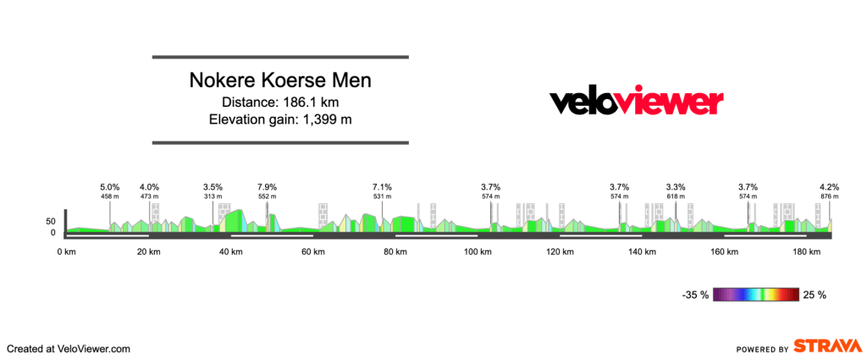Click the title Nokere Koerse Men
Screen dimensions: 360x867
[280, 81]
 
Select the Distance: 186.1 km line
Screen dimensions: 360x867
[280, 102]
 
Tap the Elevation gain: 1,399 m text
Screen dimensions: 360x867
[280, 119]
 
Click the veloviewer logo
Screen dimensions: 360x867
[637, 102]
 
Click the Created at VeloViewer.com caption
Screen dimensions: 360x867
[69, 348]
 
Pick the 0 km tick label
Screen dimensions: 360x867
[67, 252]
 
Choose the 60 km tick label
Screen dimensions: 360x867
[313, 252]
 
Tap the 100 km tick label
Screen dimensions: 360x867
[478, 252]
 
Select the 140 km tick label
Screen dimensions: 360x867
[642, 252]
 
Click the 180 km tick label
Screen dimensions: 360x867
[807, 252]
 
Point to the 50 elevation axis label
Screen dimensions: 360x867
[50, 221]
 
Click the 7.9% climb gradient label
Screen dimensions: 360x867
[267, 187]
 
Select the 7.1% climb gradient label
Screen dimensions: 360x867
[383, 187]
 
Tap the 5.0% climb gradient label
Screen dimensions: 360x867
[110, 187]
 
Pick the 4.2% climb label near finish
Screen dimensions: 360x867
[829, 187]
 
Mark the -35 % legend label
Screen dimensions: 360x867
[696, 295]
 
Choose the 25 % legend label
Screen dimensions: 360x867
[815, 295]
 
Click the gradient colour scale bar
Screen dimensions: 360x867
[756, 295]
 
